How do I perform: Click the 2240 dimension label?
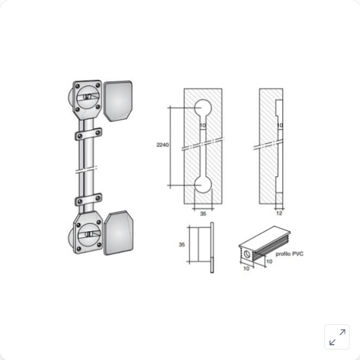(x=163, y=145)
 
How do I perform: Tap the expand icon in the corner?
(x=337, y=337)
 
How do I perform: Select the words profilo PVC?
(x=289, y=254)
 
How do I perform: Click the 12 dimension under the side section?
(x=279, y=213)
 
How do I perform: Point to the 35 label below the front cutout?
(x=203, y=214)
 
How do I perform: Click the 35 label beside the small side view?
(x=182, y=245)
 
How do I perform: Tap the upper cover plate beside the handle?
(x=118, y=101)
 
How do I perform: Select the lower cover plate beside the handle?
(x=119, y=233)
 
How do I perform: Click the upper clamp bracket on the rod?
(x=88, y=134)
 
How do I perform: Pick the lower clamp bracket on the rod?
(x=88, y=200)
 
